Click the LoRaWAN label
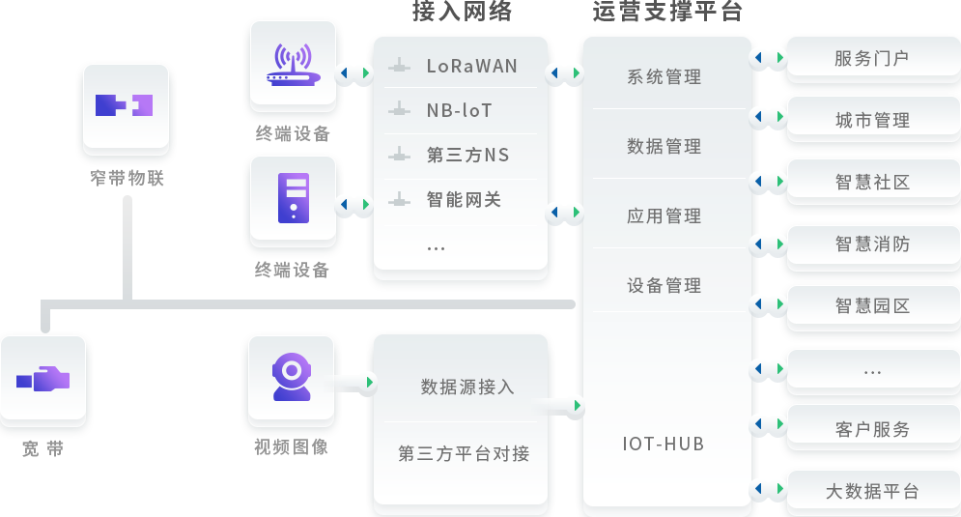[x=471, y=67]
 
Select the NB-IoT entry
[x=460, y=111]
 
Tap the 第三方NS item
[x=467, y=156]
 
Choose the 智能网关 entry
[x=464, y=200]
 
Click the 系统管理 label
[x=664, y=77]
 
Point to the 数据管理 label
[x=664, y=147]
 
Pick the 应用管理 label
[x=664, y=216]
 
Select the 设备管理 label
[x=664, y=286]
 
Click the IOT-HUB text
[x=664, y=445]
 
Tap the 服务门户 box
[x=872, y=59]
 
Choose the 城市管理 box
[x=872, y=121]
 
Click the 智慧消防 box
[x=872, y=244]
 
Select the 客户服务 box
[x=872, y=430]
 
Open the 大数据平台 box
[x=872, y=492]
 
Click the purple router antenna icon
[x=293, y=65]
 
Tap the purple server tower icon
[x=293, y=198]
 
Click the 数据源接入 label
[x=467, y=388]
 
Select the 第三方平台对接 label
[x=464, y=453]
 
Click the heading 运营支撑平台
[x=667, y=12]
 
